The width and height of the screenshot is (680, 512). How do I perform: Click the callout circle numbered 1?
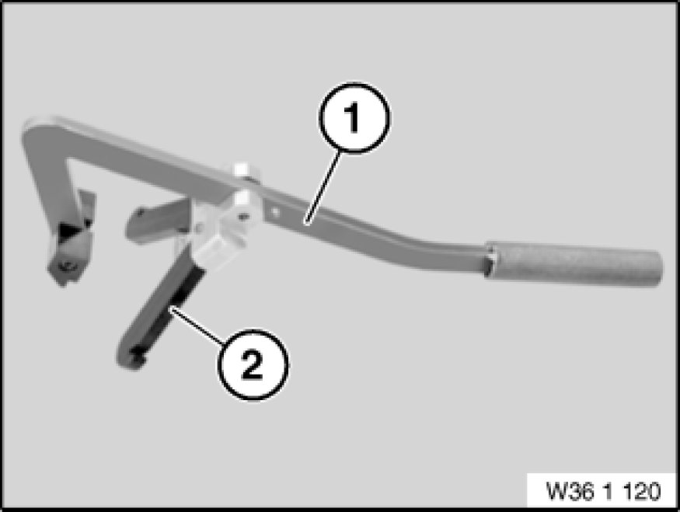click(x=354, y=118)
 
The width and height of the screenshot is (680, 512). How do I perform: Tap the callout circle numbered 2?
click(x=253, y=364)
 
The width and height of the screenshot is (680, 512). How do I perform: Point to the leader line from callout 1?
click(x=323, y=187)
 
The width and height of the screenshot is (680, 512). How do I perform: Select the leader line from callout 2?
click(x=197, y=326)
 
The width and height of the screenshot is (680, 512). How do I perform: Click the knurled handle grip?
click(x=574, y=263)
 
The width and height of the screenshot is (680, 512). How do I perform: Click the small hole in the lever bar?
click(x=274, y=212)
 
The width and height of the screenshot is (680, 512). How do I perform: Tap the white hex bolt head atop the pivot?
click(x=242, y=169)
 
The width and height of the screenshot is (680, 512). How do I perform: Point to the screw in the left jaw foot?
click(x=67, y=266)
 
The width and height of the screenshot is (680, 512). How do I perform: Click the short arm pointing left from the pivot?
click(x=157, y=220)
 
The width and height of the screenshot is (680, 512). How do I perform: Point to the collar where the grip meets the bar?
click(x=492, y=261)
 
